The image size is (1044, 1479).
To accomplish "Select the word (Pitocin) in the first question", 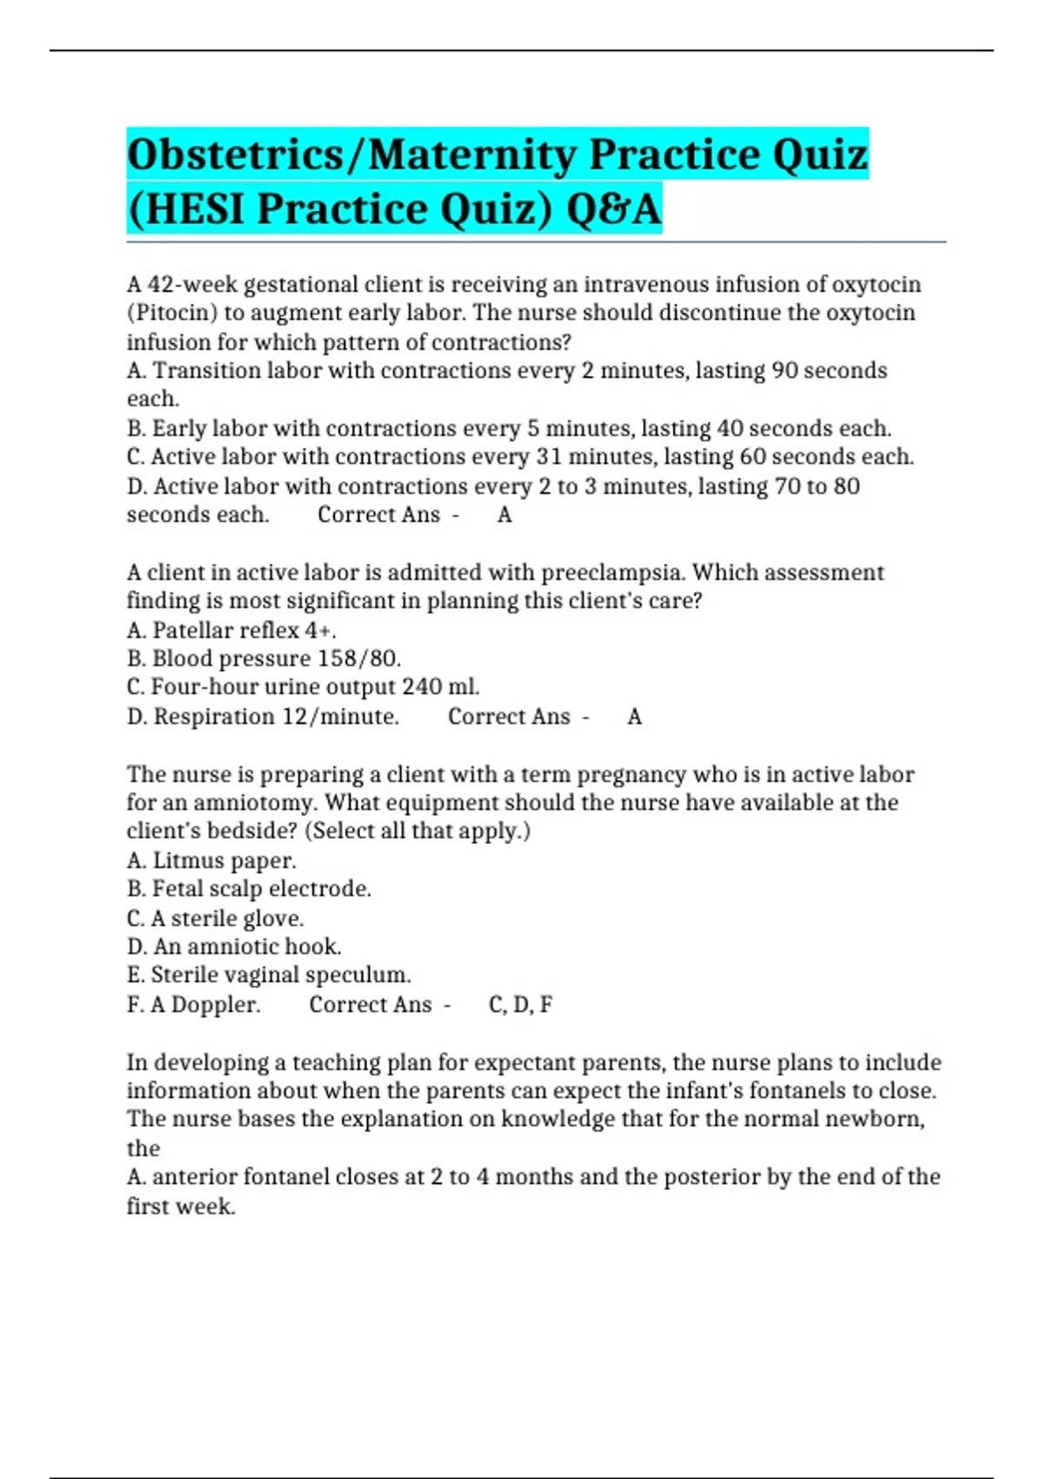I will [172, 313].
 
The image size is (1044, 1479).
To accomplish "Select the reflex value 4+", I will [319, 630].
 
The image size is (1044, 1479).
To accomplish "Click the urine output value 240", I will [422, 687].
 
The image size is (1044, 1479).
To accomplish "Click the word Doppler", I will [216, 1005].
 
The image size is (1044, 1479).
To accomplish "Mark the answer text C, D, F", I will [520, 1005].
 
